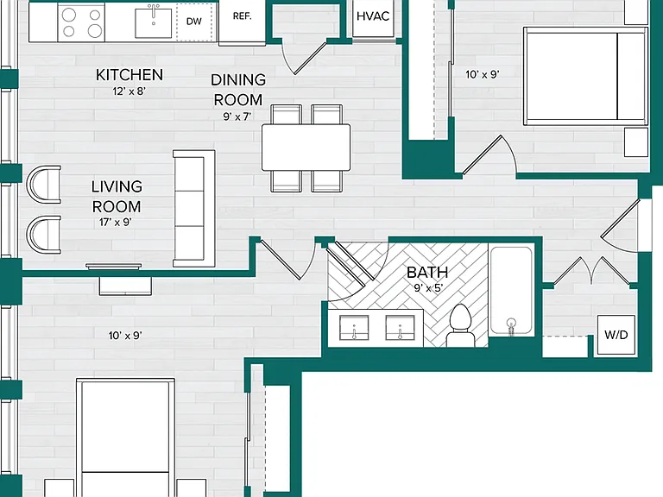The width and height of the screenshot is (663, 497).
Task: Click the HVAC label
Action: pyautogui.click(x=373, y=16)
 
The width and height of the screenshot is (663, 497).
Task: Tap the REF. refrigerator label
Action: pyautogui.click(x=243, y=16)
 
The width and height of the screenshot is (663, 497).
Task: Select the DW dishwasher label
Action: pyautogui.click(x=194, y=21)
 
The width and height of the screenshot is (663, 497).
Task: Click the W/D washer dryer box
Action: pyautogui.click(x=616, y=335)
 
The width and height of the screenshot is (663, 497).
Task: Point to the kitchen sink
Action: pyautogui.click(x=153, y=22)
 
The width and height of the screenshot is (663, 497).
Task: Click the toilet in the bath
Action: pyautogui.click(x=460, y=325)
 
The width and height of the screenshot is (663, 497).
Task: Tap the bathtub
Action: pyautogui.click(x=511, y=290)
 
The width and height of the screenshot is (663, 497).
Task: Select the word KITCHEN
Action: pyautogui.click(x=129, y=75)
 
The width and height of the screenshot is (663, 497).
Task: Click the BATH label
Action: pyautogui.click(x=427, y=273)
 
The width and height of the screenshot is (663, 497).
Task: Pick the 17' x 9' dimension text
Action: pyautogui.click(x=116, y=223)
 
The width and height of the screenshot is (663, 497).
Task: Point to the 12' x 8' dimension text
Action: pyautogui.click(x=129, y=91)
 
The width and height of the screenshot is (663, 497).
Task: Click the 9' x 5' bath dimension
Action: pyautogui.click(x=428, y=288)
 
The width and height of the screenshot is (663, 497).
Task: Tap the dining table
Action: pyautogui.click(x=306, y=147)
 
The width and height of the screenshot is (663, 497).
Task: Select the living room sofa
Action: pyautogui.click(x=194, y=208)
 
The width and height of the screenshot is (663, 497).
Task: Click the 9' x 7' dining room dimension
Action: pyautogui.click(x=237, y=116)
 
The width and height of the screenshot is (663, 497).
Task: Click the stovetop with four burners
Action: pyautogui.click(x=81, y=22)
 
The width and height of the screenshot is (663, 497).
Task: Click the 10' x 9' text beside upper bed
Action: pyautogui.click(x=483, y=75)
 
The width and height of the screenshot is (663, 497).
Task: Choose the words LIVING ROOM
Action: pyautogui.click(x=117, y=197)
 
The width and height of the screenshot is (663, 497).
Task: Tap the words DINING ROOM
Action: pyautogui.click(x=238, y=90)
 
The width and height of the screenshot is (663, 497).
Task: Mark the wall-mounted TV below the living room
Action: pyautogui.click(x=114, y=267)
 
